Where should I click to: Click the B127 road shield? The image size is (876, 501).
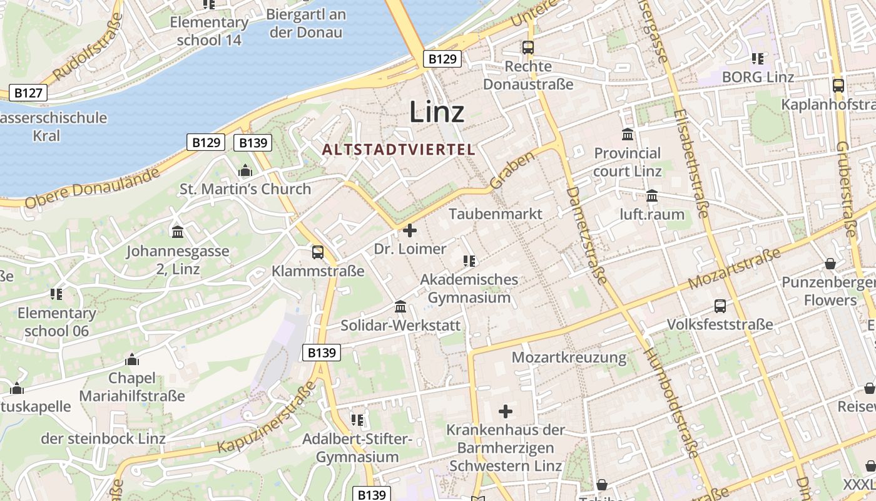(x=28, y=93)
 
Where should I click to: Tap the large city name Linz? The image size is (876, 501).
(x=437, y=113)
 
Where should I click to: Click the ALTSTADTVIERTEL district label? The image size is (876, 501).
(x=399, y=150)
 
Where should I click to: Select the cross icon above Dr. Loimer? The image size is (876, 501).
(x=410, y=230)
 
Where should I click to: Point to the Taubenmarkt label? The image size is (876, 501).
(x=496, y=214)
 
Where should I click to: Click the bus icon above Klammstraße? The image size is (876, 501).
(x=318, y=252)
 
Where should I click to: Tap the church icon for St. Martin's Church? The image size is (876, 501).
(x=245, y=170)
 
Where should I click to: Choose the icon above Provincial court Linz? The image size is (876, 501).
(x=628, y=135)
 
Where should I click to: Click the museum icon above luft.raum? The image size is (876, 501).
(x=652, y=196)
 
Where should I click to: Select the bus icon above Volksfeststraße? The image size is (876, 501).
(x=720, y=306)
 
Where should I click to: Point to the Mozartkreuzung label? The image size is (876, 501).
(x=569, y=358)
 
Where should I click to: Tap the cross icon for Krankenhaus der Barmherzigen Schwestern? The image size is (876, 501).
(x=506, y=411)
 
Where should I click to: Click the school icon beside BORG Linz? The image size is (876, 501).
(x=758, y=59)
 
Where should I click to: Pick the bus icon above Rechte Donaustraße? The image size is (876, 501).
(x=528, y=48)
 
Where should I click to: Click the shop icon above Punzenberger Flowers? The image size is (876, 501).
(x=830, y=264)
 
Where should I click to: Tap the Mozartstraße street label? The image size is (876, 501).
(x=735, y=269)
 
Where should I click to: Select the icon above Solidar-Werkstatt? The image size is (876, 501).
(x=400, y=307)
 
